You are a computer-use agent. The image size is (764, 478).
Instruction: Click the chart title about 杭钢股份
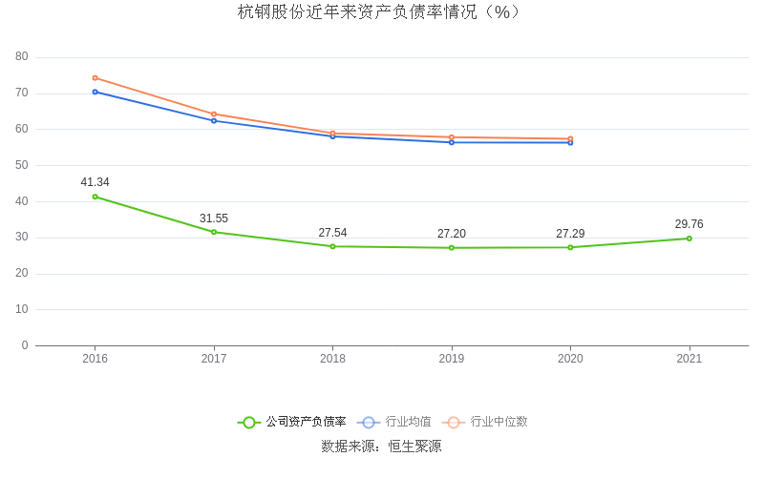[381, 12]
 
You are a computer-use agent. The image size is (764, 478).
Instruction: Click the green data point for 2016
[95, 197]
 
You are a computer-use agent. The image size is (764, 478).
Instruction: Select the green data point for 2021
[690, 239]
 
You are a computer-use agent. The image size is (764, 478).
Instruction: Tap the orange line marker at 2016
[95, 78]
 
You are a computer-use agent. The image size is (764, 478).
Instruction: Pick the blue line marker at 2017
[214, 120]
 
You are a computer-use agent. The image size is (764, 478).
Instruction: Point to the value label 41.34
[95, 182]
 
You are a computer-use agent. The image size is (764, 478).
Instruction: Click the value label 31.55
[214, 218]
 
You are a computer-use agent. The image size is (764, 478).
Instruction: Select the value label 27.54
[332, 233]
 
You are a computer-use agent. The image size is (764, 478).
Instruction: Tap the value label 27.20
[452, 234]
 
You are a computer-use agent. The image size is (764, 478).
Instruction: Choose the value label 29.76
[690, 224]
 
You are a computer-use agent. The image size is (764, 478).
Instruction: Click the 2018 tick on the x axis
[332, 359]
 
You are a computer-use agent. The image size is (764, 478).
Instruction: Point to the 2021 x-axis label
[690, 359]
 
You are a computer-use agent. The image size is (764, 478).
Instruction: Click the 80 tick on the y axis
[22, 57]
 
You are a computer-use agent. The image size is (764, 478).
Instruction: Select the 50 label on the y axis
[22, 165]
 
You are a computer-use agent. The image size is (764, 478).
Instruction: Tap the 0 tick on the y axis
[25, 345]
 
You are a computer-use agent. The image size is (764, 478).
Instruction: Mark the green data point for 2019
[452, 248]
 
